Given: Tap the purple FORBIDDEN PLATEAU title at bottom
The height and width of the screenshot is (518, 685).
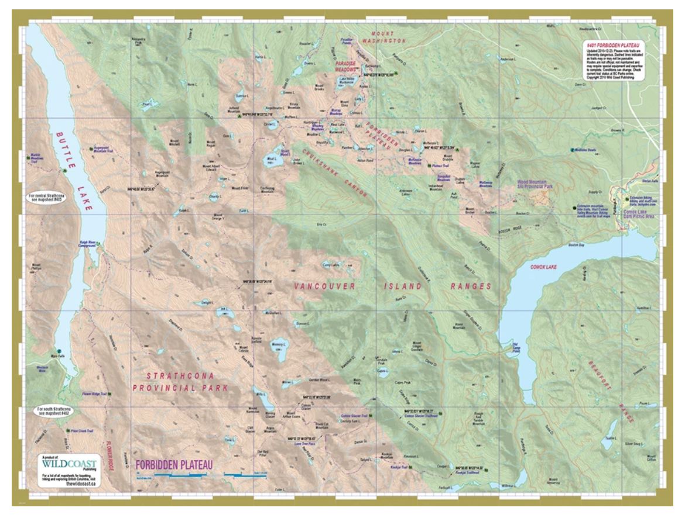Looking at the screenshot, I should pos(173,465).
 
